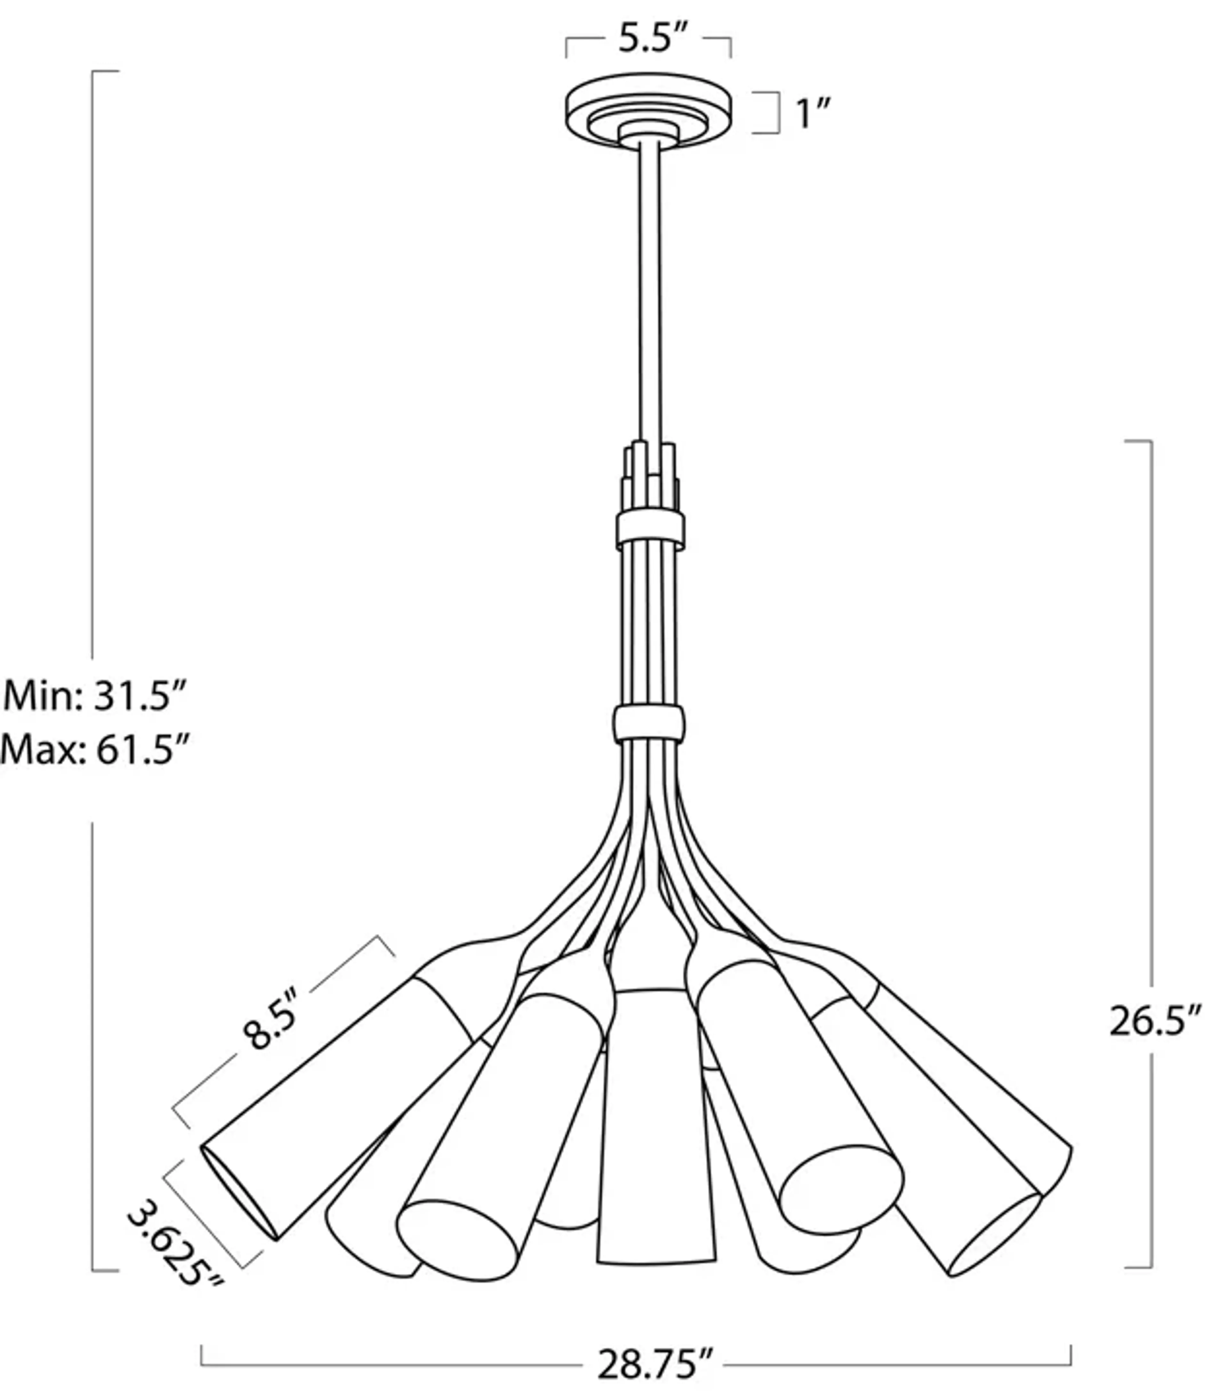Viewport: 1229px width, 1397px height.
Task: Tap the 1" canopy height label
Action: (813, 113)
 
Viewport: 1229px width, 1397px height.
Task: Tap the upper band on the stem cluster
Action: (650, 530)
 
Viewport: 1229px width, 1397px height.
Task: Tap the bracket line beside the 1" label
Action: (777, 113)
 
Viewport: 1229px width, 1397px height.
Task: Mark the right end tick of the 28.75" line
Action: (1070, 1356)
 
